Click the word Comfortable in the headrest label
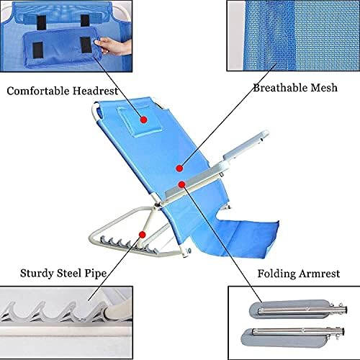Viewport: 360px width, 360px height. click(x=38, y=91)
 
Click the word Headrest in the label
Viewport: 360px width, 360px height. click(x=96, y=91)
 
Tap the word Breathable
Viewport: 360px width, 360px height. click(x=280, y=88)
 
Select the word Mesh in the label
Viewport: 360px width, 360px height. click(x=324, y=88)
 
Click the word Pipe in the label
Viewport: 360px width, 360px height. click(x=96, y=274)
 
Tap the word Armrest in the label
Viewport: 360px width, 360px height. click(x=320, y=274)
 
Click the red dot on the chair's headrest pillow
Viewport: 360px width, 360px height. click(x=143, y=120)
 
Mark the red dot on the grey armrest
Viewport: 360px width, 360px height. click(x=182, y=184)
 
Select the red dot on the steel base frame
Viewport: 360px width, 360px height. click(x=143, y=235)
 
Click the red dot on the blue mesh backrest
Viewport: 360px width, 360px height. click(x=179, y=168)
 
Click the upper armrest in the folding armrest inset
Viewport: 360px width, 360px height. click(x=297, y=310)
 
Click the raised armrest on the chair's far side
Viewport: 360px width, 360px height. click(x=246, y=145)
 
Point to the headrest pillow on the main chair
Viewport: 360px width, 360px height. click(x=139, y=121)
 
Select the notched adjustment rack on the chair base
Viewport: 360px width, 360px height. click(x=127, y=243)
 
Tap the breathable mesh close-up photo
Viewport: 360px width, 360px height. click(x=293, y=35)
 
